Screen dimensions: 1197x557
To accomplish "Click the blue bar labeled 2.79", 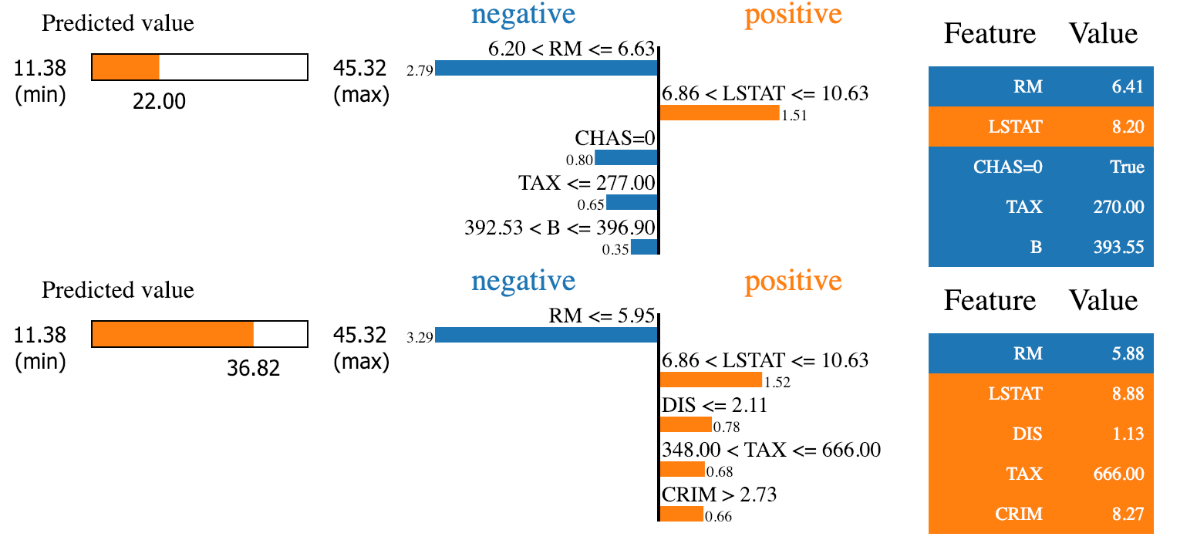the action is pos(546,68).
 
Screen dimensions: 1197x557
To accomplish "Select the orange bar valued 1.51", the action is pos(720,113).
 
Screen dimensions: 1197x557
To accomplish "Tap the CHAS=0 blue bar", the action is pos(626,157).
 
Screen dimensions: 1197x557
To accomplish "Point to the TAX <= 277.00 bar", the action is pos(632,202).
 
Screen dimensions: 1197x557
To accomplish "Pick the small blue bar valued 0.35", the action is pos(645,247).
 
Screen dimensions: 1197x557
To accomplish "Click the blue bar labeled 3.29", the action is pos(546,335).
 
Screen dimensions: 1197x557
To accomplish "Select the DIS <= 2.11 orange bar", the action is pos(686,424).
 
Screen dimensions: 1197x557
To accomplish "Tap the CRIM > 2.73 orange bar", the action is pos(682,514).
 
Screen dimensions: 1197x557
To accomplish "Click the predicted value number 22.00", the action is pos(159,101).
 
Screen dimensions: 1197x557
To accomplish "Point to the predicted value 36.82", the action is pos(253,368).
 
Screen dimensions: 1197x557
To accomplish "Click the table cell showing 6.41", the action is pos(1128,86).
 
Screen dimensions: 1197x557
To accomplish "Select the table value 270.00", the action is pos(1118,207).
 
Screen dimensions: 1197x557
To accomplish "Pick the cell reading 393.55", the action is pos(1118,247).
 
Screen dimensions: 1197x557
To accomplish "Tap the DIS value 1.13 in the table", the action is pos(1128,434).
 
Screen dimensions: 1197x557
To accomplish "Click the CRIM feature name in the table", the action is pos(1019,514).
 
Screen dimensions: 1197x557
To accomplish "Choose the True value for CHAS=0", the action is pos(1127,167).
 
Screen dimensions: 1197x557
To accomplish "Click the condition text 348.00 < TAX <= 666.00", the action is pos(771,450).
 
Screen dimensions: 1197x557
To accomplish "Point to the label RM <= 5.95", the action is pos(602,316).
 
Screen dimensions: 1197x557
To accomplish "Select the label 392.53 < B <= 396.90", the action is pos(559,228).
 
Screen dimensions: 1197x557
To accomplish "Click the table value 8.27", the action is pos(1128,514).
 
